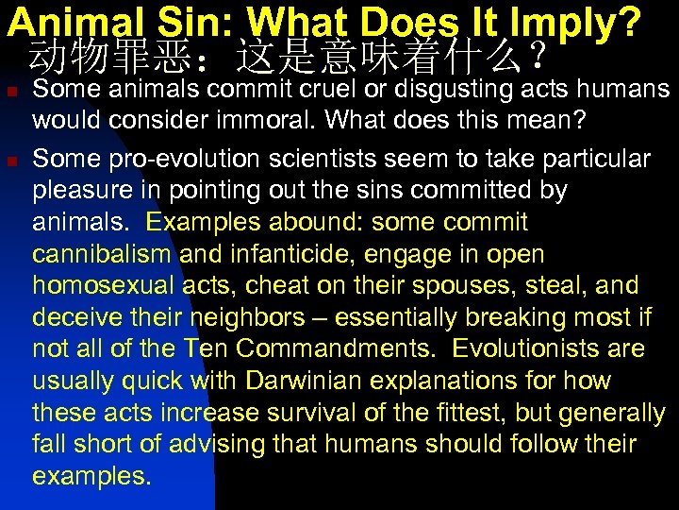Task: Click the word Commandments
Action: click(336, 349)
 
